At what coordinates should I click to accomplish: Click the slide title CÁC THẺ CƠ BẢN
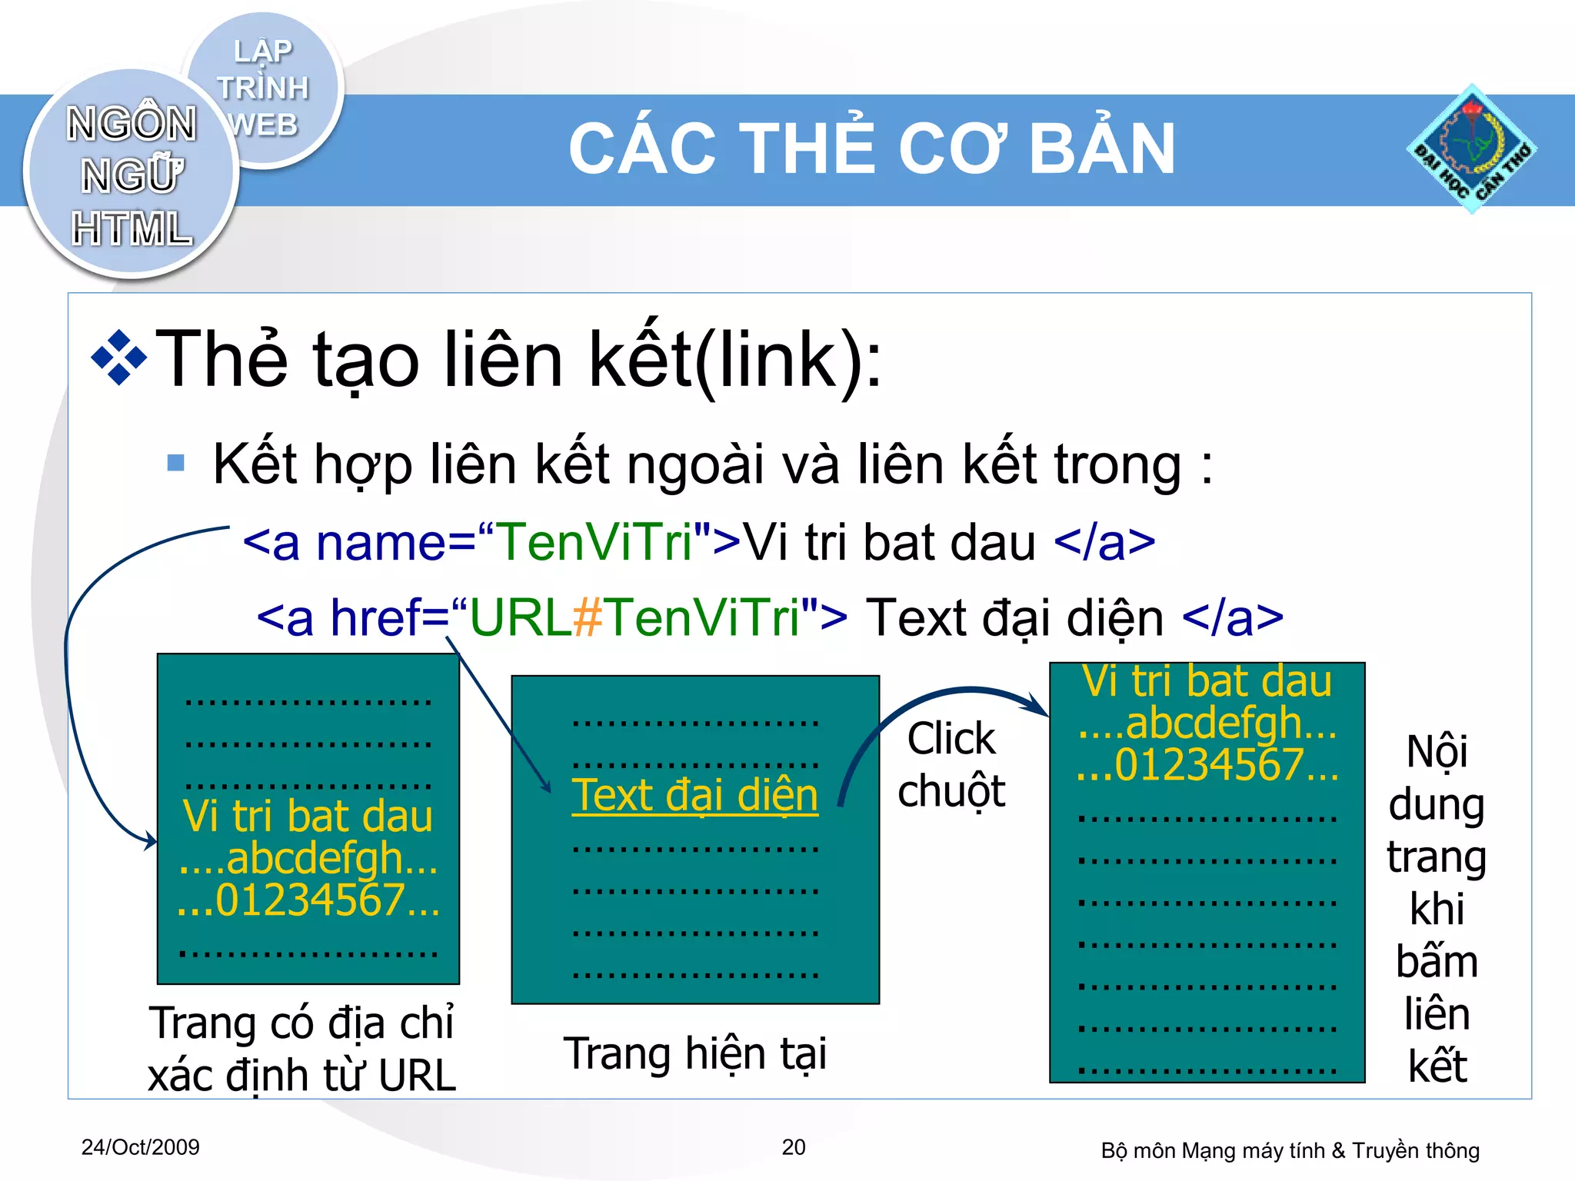click(x=871, y=149)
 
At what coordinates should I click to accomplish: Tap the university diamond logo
click(x=1470, y=149)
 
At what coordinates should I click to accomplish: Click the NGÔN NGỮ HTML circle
click(x=131, y=175)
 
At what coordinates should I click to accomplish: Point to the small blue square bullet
click(x=176, y=462)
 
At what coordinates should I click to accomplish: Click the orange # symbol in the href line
click(x=588, y=617)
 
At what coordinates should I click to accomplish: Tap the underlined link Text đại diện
click(x=694, y=795)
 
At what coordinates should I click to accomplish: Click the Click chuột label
click(x=951, y=764)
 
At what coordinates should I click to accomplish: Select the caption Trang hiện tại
click(x=694, y=1053)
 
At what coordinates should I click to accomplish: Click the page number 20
click(x=794, y=1147)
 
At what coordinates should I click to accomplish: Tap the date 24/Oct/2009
click(x=140, y=1147)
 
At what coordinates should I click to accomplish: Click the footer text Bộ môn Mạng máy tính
click(x=1290, y=1150)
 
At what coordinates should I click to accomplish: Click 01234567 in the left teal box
click(x=310, y=900)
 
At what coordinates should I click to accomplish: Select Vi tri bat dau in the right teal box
click(x=1206, y=681)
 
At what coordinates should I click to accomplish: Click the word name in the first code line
click(x=381, y=542)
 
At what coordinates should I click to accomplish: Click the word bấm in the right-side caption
click(x=1437, y=962)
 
